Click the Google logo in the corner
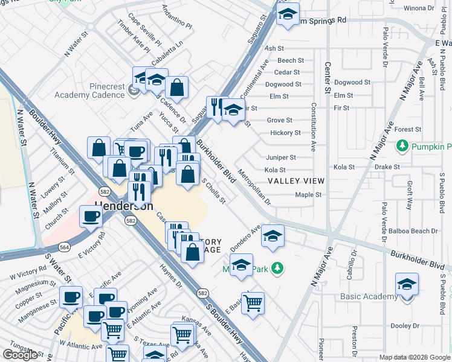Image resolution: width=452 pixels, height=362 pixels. pos(20,355)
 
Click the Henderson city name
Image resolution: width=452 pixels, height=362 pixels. pos(123,206)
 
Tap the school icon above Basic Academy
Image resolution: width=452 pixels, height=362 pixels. pos(407,285)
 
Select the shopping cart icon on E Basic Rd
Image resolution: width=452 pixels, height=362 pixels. pos(253,303)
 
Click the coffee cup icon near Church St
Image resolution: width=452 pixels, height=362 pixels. pos(91,216)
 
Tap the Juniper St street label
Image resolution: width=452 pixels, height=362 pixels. pos(281,157)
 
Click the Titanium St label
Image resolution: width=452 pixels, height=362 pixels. pos(62,162)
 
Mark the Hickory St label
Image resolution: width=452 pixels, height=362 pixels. pos(286,133)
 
